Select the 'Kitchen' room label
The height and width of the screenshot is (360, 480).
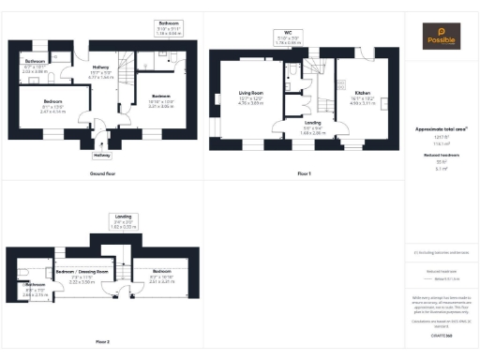pyautogui.click(x=361, y=93)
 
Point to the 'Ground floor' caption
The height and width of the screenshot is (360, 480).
pyautogui.click(x=102, y=174)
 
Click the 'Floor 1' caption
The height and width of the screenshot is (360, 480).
pyautogui.click(x=303, y=174)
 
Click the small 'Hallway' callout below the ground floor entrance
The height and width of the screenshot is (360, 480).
pyautogui.click(x=102, y=155)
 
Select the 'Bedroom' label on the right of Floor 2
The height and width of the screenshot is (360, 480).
pyautogui.click(x=162, y=275)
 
